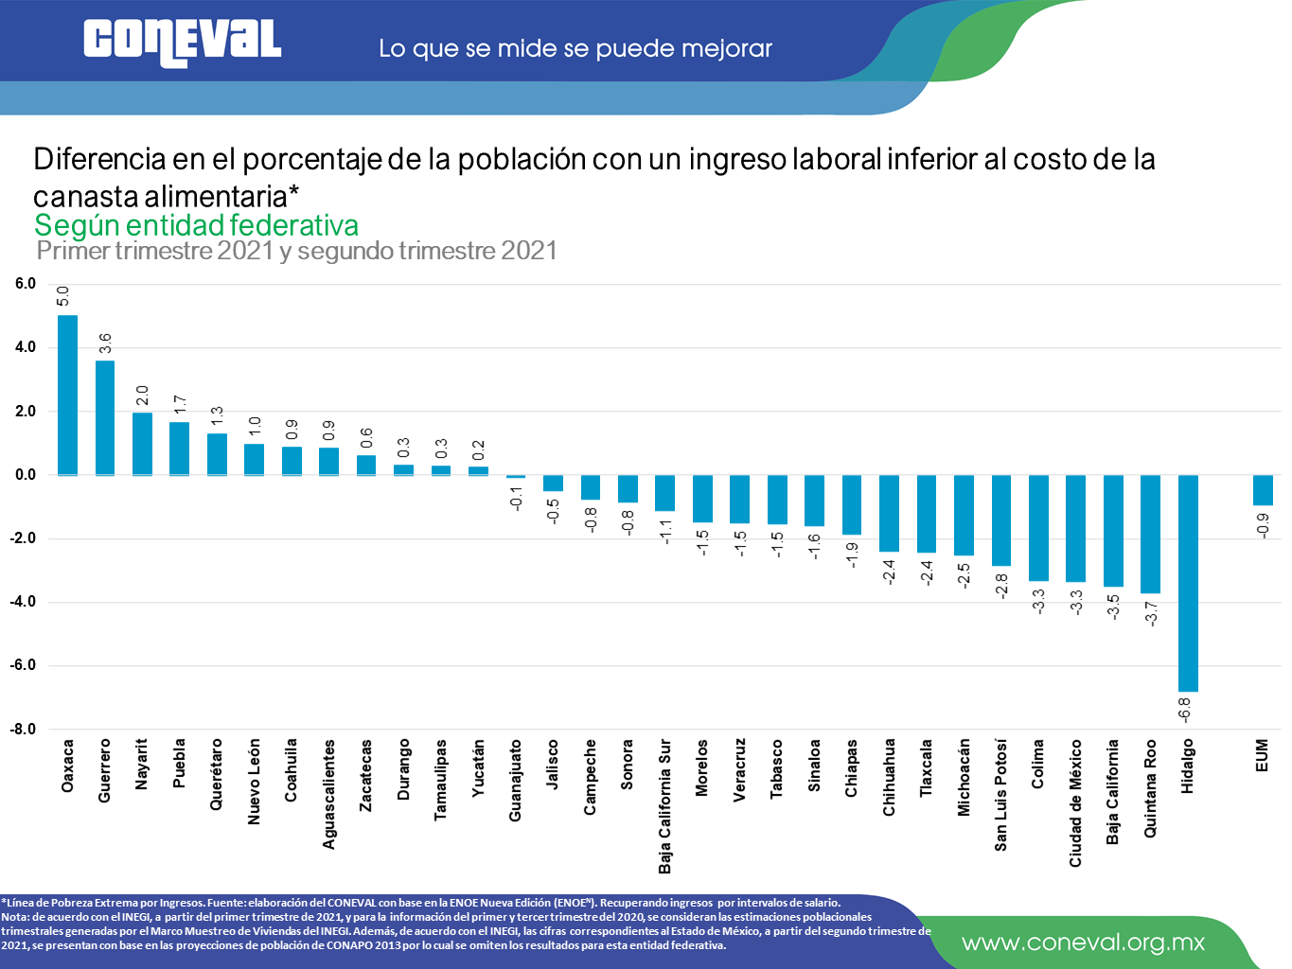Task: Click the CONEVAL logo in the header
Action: point(182,43)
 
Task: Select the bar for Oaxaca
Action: point(67,395)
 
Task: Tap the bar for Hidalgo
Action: point(1188,583)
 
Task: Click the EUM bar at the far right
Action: point(1263,490)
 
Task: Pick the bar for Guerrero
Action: point(105,417)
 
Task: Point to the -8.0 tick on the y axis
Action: point(23,729)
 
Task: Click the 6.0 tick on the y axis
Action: point(25,284)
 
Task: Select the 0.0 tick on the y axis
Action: point(25,475)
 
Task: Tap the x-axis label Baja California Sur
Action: point(664,806)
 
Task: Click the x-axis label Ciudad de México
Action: point(1075,803)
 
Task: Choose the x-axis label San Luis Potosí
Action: point(1000,795)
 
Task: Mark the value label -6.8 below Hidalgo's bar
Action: point(1184,710)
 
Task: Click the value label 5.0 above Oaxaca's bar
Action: point(63,296)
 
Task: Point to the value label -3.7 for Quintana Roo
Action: point(1151,613)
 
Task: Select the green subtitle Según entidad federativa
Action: point(196,225)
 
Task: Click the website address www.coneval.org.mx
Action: point(1083,943)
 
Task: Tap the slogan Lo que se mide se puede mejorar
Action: point(575,48)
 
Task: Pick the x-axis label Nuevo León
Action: point(254,782)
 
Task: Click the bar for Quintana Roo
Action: point(1150,534)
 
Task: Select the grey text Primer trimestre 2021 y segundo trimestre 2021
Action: point(296,251)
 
